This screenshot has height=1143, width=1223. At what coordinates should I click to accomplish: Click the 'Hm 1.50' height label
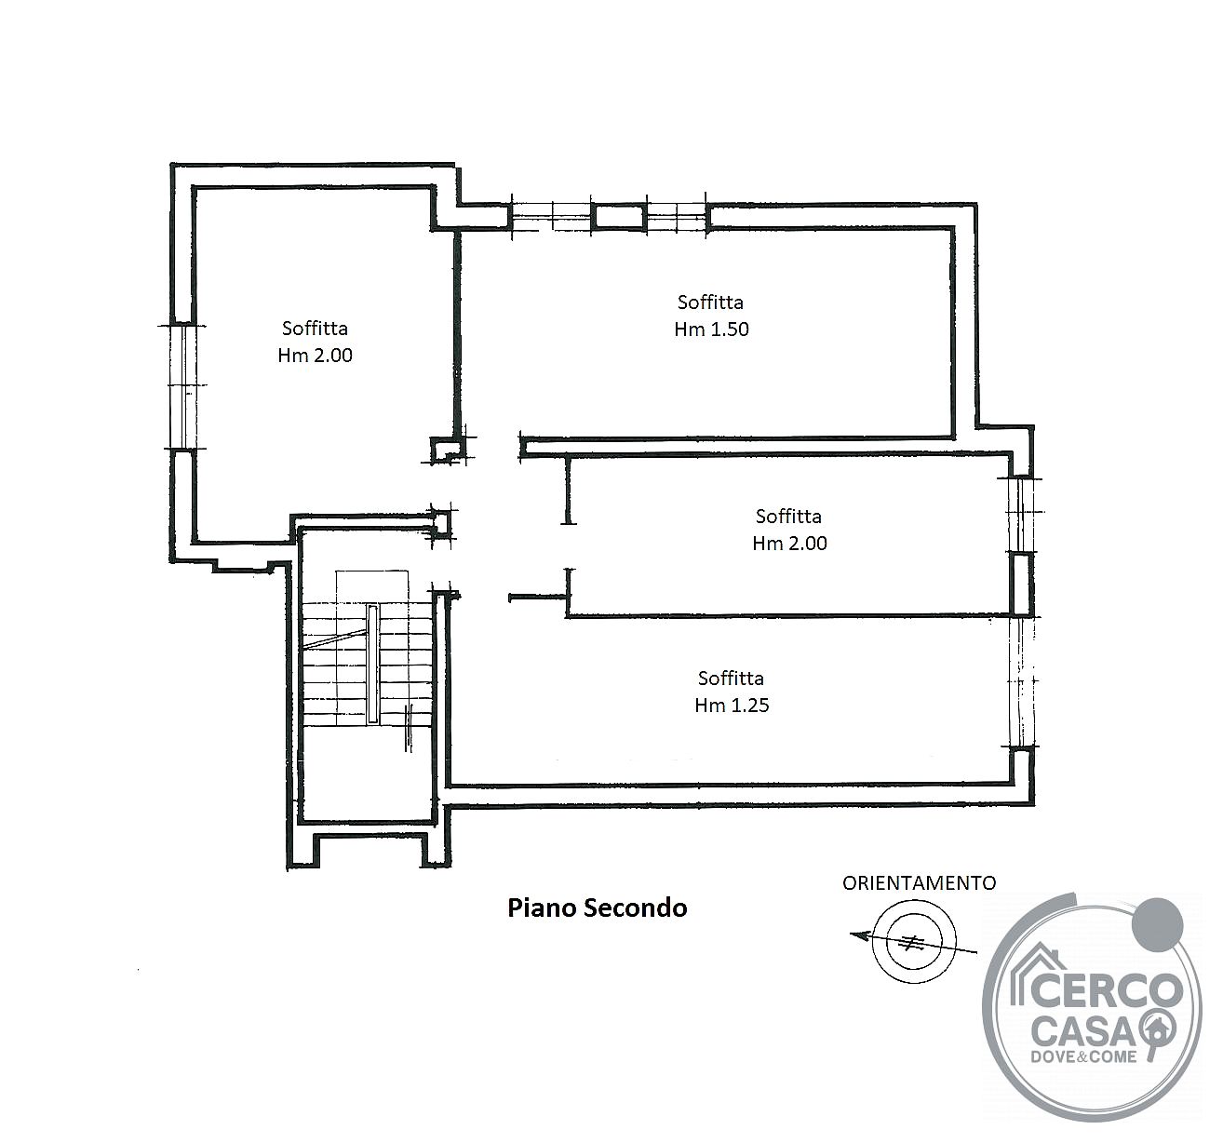(711, 329)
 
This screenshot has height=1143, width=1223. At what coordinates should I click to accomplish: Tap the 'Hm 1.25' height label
(732, 706)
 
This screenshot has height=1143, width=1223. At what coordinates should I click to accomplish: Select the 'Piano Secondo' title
(598, 908)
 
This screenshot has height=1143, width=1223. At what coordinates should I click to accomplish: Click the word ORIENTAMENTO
(919, 883)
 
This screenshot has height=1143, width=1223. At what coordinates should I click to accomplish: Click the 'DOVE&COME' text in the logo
(1083, 1056)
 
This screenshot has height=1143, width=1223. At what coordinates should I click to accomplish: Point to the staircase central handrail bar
(372, 664)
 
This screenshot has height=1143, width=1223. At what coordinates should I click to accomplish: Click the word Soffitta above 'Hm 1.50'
(710, 303)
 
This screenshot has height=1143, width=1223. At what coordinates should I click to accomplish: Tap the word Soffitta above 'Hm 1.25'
(731, 678)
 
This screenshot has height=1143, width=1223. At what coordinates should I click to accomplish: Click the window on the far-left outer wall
(183, 386)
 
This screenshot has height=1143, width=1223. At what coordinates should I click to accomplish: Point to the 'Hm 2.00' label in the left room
(316, 356)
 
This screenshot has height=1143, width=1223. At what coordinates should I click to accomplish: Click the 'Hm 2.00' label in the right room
(789, 544)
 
